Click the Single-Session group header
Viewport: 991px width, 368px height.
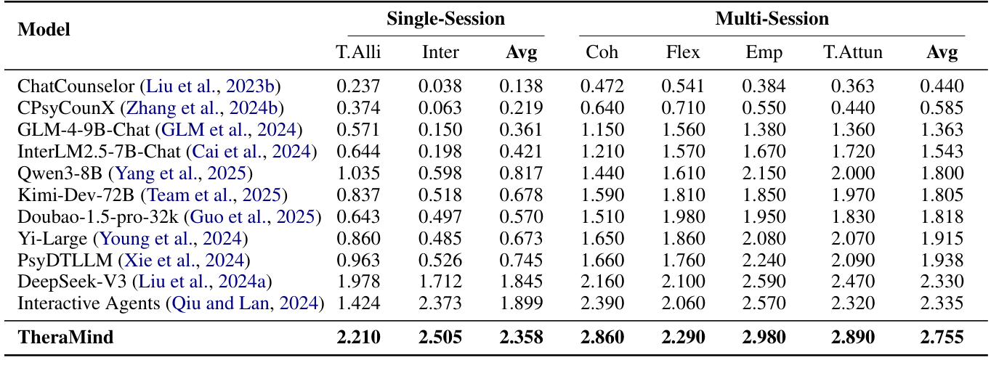pos(445,19)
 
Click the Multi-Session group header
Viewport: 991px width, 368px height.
pos(772,19)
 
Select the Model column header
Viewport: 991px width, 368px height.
pos(44,30)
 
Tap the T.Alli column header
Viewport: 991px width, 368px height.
pos(358,52)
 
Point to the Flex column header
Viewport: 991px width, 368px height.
pos(683,52)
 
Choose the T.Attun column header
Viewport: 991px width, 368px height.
pos(853,52)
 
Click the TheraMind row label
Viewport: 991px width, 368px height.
pos(66,337)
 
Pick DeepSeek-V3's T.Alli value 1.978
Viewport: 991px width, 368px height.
pos(358,281)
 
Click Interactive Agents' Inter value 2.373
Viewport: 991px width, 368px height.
pos(440,303)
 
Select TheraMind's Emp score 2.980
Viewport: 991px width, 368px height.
pos(764,337)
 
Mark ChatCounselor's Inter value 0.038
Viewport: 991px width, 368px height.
pos(440,86)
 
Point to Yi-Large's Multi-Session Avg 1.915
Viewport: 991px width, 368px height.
pos(942,238)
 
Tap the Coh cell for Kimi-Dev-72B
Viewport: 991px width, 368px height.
pos(602,195)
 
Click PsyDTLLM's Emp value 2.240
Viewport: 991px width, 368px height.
pos(764,260)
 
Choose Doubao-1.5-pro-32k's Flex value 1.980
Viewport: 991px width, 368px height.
pos(683,216)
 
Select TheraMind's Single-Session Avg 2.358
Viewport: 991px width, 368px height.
pos(520,337)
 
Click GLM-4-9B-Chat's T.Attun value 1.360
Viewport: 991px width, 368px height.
pos(853,130)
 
